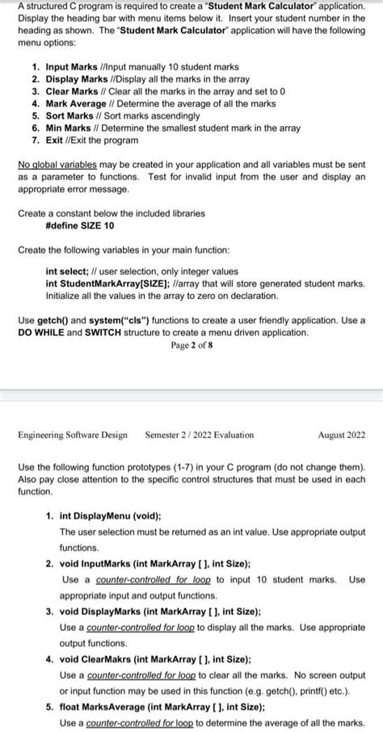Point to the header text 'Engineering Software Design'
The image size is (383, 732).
(x=72, y=435)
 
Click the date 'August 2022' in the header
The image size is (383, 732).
(x=341, y=435)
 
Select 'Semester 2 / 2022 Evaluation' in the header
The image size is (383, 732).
(x=199, y=435)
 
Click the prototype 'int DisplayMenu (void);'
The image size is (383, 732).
(x=110, y=515)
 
